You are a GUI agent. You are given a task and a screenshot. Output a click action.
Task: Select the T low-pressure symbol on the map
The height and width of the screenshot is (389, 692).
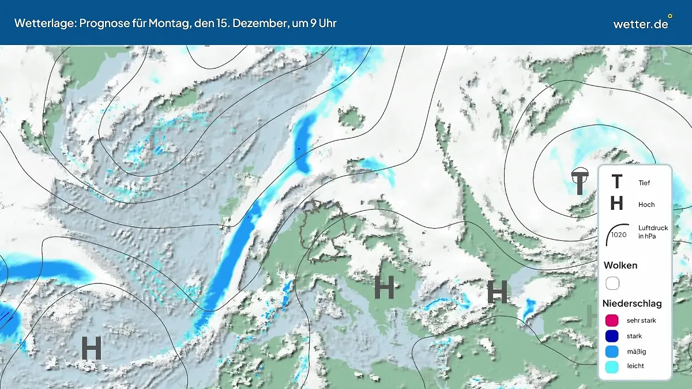point(580,183)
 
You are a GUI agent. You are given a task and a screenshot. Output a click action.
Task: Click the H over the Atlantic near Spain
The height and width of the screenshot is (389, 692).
point(91,348)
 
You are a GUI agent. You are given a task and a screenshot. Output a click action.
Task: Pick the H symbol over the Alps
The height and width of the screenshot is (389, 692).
point(384,287)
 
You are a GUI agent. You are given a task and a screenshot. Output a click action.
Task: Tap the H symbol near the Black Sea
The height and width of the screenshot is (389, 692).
point(497,292)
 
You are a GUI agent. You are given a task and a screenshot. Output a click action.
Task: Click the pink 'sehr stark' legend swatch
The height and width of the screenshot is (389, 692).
point(612,320)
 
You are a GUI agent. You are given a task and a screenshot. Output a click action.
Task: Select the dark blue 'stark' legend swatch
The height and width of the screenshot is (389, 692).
point(612,336)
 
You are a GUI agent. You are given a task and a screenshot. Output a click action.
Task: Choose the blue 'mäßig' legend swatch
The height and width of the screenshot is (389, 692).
point(612,351)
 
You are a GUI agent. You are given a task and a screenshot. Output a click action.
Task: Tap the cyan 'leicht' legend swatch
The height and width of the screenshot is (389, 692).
point(612,366)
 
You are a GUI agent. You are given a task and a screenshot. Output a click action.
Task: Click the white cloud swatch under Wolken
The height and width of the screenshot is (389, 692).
point(612,283)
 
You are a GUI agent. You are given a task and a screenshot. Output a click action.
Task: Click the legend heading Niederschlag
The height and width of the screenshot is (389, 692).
point(632,303)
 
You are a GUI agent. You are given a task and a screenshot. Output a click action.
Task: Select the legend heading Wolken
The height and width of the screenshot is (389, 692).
point(620,266)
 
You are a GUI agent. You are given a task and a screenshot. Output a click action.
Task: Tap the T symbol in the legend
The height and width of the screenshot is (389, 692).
point(616,182)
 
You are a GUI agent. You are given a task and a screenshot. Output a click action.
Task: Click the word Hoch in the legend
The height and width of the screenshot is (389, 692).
point(646,205)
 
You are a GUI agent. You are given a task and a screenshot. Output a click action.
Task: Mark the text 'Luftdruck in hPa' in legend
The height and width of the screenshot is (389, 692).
point(653,232)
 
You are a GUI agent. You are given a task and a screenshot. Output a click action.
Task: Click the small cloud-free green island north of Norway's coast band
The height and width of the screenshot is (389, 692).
point(351,118)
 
